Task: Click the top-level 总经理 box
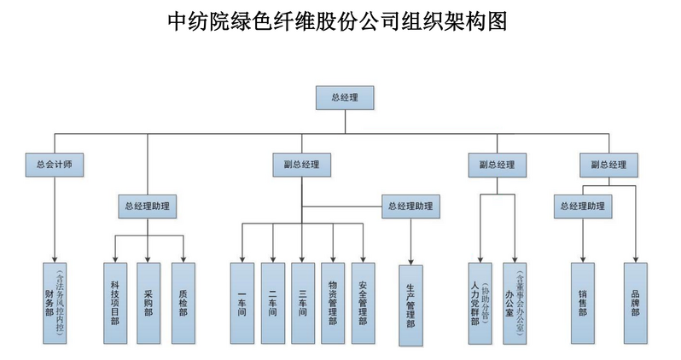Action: (344, 97)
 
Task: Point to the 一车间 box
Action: (242, 303)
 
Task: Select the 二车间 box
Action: (272, 303)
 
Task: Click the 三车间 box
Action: (303, 303)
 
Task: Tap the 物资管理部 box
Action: (333, 303)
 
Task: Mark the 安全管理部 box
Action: (364, 303)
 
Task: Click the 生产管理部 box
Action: (410, 305)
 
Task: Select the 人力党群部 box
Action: (482, 303)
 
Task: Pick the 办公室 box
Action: (516, 303)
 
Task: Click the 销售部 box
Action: (583, 303)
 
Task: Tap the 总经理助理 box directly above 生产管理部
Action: (410, 206)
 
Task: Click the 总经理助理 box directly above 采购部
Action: (147, 206)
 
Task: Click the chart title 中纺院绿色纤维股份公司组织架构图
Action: (339, 21)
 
